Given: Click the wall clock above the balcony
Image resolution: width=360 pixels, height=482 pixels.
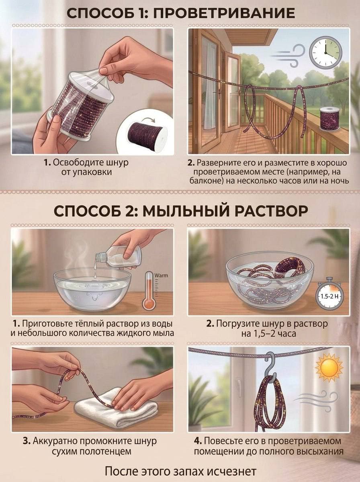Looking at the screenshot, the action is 326,52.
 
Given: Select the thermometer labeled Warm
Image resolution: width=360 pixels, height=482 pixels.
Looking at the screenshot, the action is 149,291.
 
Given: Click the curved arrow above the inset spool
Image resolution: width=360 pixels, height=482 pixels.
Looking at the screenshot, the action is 148,120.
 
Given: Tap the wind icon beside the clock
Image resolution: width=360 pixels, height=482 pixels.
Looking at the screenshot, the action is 288,55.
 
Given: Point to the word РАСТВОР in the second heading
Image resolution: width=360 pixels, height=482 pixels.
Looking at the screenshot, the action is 258,211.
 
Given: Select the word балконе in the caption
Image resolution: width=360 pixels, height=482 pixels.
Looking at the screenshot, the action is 205,181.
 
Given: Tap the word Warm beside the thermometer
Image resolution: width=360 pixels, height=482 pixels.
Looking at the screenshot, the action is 161,276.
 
